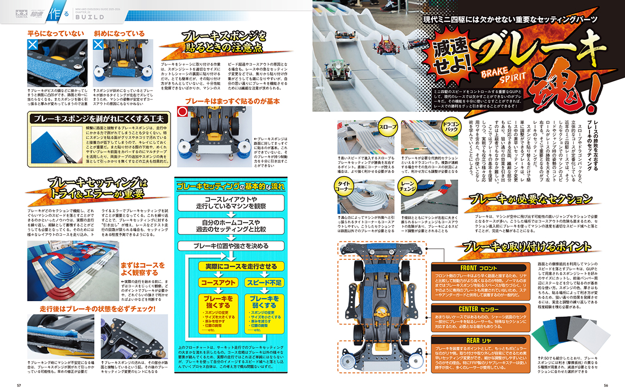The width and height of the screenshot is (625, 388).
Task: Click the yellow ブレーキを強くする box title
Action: (218, 302)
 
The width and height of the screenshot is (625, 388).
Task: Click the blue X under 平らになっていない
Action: (33, 46)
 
